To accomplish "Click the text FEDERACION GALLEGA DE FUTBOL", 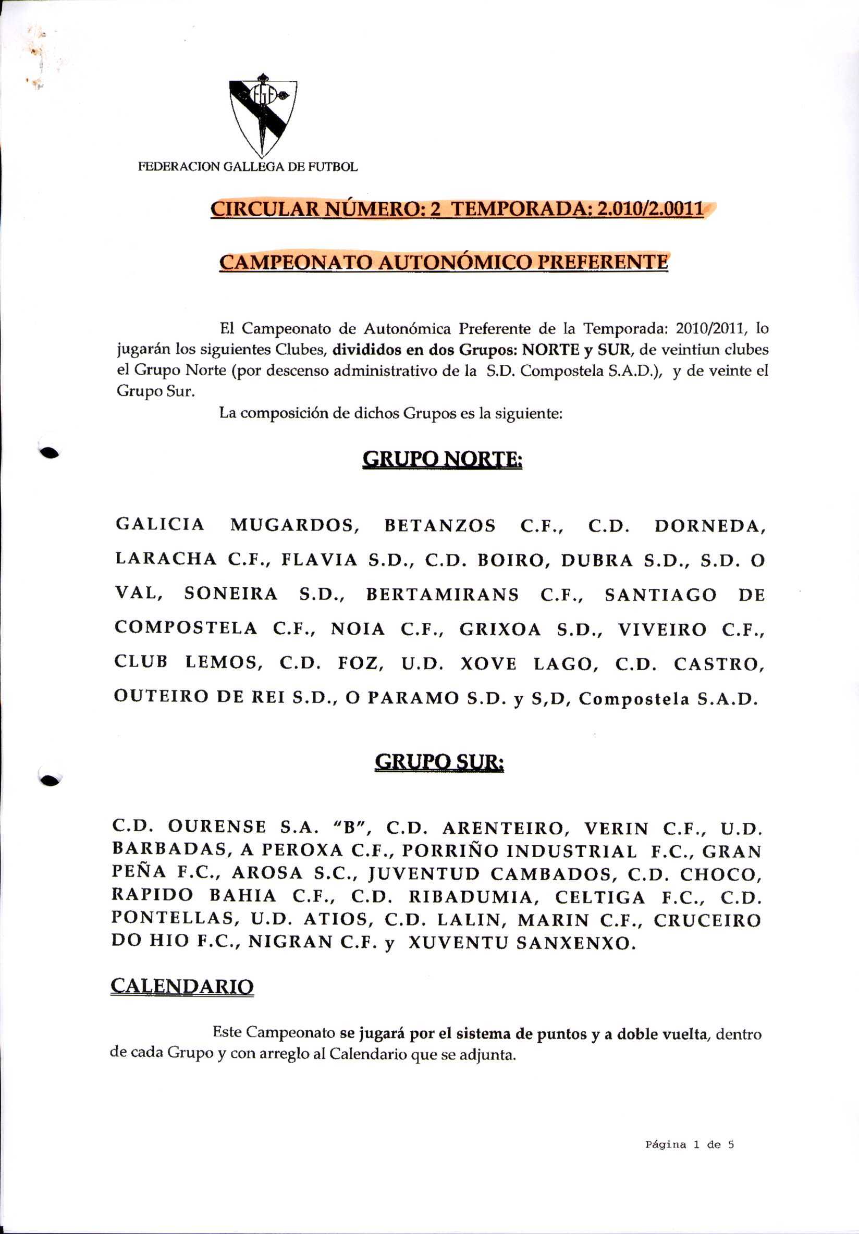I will (x=248, y=167).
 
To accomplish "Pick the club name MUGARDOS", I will (x=294, y=525).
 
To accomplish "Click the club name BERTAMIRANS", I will (x=443, y=595).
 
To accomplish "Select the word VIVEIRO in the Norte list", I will (x=662, y=630).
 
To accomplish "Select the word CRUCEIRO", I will (x=707, y=921).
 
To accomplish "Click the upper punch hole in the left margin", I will (x=50, y=452).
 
